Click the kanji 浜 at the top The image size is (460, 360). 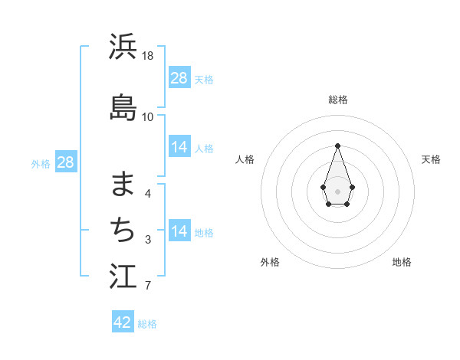pos(123,47)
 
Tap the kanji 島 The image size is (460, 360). pos(123,108)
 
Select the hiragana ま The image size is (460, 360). pos(123,185)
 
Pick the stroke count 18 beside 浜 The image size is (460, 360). pos(148,56)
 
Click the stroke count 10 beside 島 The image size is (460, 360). pos(148,116)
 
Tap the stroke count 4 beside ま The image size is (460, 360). pos(148,194)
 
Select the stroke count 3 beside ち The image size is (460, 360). pos(148,240)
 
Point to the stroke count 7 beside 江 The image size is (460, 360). pos(148,286)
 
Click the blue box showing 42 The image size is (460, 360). pos(123,322)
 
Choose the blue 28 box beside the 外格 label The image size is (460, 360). pos(65,162)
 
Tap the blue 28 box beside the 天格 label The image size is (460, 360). pos(179,78)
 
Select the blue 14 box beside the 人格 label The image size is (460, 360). pos(179,147)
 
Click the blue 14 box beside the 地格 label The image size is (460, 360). pos(179,231)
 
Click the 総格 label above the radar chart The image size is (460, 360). pos(338,100)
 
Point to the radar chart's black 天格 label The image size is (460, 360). pos(431,159)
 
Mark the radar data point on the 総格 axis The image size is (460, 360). pos(337,146)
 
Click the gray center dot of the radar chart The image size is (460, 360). pos(337,190)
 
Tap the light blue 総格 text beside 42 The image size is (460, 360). pos(148,324)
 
